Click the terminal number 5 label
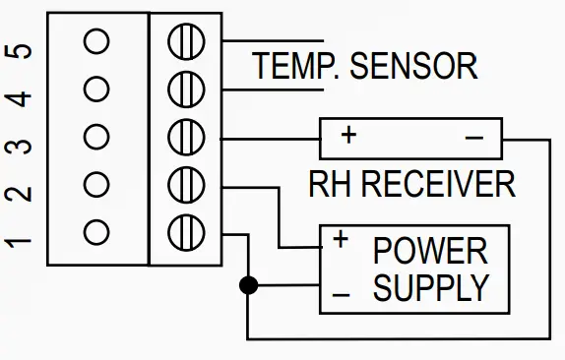tap(22, 50)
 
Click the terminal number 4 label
tap(22, 97)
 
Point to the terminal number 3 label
tap(22, 145)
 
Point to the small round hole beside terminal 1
tap(96, 232)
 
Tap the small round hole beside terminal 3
tap(96, 137)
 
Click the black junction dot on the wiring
tap(248, 285)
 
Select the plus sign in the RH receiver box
tap(347, 135)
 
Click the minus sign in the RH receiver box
tap(473, 137)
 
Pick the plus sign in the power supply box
tap(341, 239)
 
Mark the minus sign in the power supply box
tap(341, 294)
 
